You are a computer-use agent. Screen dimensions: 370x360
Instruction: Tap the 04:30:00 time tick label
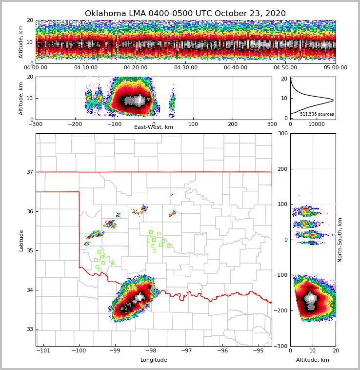(185, 68)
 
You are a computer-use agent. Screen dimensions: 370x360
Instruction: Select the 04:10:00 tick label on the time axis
(85, 68)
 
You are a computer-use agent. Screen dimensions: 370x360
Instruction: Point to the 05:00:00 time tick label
(335, 68)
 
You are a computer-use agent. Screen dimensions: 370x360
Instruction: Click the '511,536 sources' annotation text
(317, 114)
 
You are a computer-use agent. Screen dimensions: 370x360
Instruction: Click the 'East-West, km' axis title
(154, 127)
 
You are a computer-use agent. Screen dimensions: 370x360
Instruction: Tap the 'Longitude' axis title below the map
(154, 360)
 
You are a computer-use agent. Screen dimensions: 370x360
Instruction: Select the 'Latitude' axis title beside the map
(21, 240)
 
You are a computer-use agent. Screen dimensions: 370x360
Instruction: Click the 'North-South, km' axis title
(340, 240)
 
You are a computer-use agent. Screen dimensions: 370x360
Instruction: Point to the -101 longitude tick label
(43, 350)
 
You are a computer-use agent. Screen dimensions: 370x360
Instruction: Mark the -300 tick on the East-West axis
(36, 124)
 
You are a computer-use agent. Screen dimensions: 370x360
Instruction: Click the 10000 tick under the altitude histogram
(317, 124)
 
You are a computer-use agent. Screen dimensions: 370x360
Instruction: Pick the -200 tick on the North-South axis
(281, 310)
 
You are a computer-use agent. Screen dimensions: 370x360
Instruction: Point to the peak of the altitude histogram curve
(333, 100)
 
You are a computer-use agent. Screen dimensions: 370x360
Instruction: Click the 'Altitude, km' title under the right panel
(313, 360)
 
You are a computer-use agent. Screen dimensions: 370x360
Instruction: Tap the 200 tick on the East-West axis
(233, 124)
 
